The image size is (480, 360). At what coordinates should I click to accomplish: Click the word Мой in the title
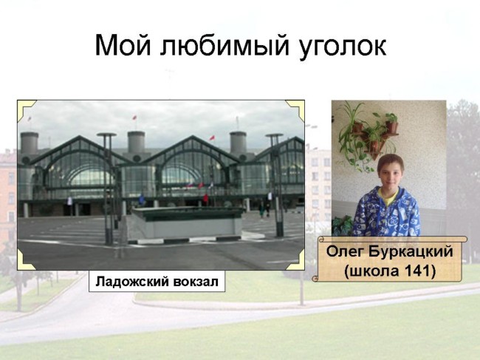(x=123, y=45)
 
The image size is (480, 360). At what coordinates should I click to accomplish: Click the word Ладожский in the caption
(x=131, y=281)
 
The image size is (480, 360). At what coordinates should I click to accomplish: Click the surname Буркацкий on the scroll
(x=410, y=252)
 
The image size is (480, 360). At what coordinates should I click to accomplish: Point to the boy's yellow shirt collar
(x=388, y=196)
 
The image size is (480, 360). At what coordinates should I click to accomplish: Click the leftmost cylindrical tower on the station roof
(x=30, y=143)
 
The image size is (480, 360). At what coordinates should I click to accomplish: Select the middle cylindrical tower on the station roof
(x=136, y=142)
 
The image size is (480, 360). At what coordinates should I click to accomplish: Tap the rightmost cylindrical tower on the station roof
(x=238, y=143)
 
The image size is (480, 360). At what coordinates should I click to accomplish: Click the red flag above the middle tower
(x=134, y=118)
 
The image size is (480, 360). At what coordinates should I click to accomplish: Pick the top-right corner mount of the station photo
(x=295, y=109)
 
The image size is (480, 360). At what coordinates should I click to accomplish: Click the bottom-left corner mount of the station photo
(x=25, y=260)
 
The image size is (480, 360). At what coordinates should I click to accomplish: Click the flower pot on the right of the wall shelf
(x=391, y=126)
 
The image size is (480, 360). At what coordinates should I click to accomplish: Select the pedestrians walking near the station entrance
(x=264, y=209)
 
